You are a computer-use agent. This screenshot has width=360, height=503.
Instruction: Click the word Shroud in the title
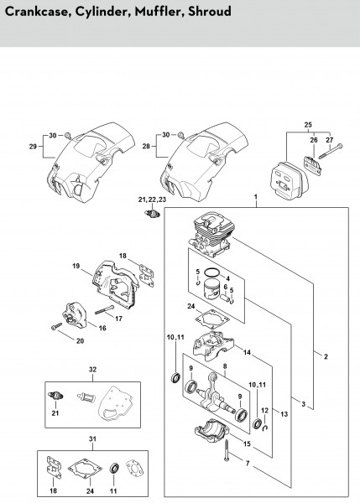tap(210, 12)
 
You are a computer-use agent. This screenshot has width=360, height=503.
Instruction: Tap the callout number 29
tap(33, 147)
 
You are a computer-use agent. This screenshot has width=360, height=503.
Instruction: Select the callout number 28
tap(146, 146)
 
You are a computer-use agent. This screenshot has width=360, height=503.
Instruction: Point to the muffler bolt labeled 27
tap(331, 152)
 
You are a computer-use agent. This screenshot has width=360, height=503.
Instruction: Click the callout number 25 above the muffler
tap(308, 125)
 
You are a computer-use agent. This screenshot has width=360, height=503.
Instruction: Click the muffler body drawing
tap(289, 179)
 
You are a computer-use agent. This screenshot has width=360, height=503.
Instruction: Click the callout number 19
tap(76, 266)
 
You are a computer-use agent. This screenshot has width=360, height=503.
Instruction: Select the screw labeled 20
tap(56, 327)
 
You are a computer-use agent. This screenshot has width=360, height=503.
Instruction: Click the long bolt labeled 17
tap(104, 309)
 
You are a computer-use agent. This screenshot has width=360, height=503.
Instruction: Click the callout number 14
tap(247, 353)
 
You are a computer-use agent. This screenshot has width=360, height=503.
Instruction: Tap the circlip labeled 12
tap(265, 428)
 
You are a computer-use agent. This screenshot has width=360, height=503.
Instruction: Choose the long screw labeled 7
tap(227, 451)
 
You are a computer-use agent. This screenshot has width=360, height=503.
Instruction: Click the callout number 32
tap(92, 370)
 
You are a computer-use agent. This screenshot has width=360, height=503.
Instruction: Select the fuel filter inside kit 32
tap(85, 398)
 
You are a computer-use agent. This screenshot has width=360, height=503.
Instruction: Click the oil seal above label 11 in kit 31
tap(114, 468)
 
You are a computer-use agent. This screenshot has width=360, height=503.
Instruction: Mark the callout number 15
tap(247, 444)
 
